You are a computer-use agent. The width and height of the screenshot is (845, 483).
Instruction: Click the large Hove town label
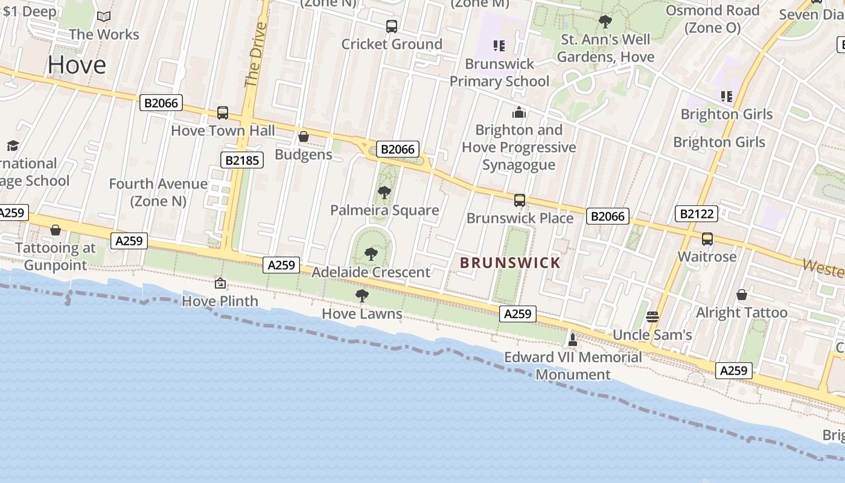(x=77, y=65)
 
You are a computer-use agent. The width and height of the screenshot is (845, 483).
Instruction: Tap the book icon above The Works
(x=104, y=17)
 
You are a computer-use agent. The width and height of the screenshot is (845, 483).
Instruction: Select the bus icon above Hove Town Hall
(x=222, y=113)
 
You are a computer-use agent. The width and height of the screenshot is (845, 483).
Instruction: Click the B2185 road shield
(x=241, y=160)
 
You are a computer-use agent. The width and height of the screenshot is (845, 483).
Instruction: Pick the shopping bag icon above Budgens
(x=304, y=137)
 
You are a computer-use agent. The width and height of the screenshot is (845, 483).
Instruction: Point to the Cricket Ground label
(x=392, y=44)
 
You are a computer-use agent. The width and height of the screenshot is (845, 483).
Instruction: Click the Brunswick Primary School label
(x=499, y=72)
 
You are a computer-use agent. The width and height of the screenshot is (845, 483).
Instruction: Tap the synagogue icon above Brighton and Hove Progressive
(x=518, y=112)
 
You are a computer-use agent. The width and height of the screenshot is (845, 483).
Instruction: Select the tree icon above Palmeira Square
(x=384, y=193)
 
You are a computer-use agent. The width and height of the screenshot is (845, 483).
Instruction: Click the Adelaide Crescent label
(x=371, y=272)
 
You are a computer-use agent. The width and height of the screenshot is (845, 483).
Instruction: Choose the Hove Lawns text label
(x=362, y=314)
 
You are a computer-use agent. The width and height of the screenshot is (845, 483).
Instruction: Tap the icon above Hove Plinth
(x=220, y=283)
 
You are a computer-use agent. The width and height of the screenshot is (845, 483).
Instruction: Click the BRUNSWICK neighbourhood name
(x=510, y=263)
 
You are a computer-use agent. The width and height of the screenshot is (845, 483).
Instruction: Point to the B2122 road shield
(x=697, y=213)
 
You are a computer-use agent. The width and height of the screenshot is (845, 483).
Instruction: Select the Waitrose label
(x=707, y=257)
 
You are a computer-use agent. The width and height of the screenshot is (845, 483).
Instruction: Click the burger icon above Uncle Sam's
(x=652, y=317)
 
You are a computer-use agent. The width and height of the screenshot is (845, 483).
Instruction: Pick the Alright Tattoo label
(x=741, y=313)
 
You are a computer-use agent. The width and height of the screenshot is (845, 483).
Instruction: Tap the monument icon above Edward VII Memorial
(x=573, y=340)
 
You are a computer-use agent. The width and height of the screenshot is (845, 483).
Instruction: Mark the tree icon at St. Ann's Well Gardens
(x=605, y=22)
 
